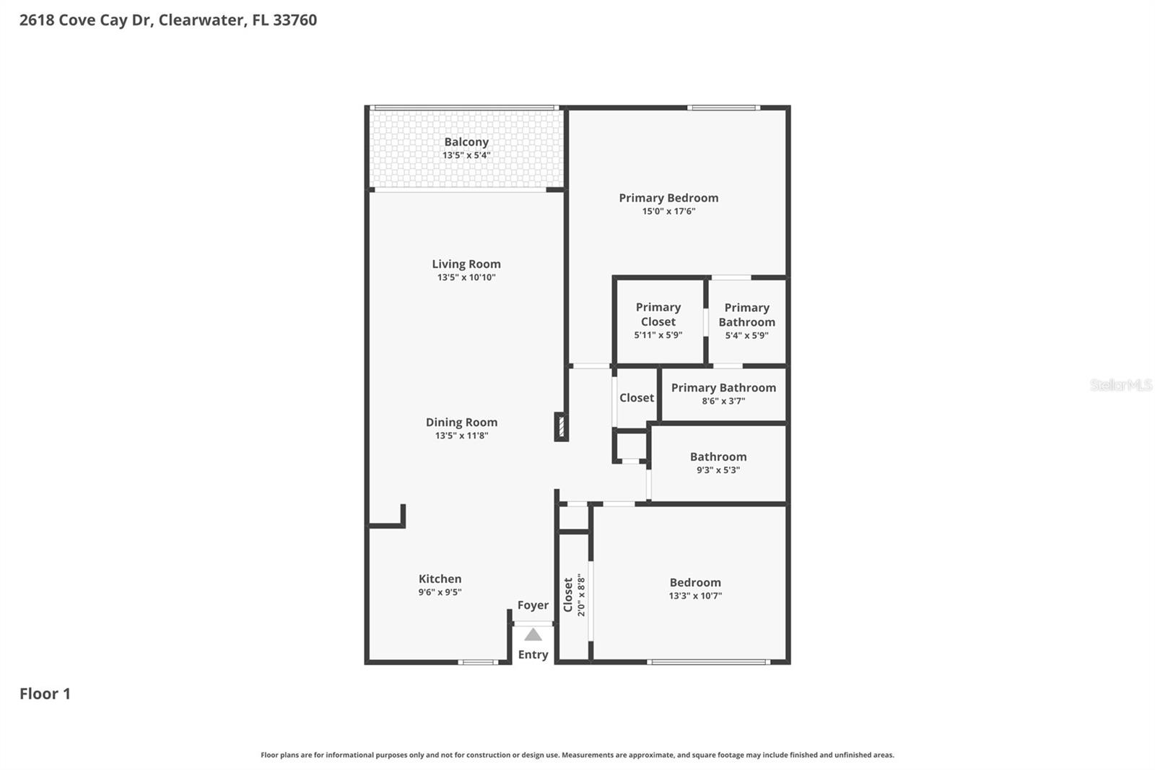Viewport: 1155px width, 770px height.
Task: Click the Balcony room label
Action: [466, 142]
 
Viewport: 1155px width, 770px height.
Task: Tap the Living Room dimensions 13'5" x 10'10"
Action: [466, 277]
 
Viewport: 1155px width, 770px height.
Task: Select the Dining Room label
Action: [461, 423]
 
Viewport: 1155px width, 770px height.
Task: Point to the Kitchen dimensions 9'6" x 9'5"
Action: [440, 592]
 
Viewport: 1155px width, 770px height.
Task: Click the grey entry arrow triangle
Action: [533, 635]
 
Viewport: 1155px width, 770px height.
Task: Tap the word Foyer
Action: [533, 605]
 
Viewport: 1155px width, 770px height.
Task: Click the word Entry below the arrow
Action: [533, 654]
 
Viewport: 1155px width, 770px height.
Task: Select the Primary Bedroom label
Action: [668, 198]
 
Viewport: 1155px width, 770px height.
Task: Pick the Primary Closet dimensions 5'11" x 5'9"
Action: [658, 335]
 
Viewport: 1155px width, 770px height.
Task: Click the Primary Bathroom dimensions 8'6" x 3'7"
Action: [723, 401]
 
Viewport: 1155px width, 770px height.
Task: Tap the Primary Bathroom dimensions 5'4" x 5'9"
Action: [746, 335]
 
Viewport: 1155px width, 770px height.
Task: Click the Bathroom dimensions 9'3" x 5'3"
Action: [718, 470]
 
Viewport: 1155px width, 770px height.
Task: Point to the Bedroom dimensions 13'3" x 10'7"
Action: [695, 596]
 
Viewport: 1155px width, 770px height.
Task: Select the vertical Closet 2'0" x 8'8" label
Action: [574, 594]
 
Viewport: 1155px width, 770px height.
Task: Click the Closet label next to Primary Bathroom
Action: [637, 398]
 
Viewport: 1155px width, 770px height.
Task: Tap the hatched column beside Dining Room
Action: [560, 426]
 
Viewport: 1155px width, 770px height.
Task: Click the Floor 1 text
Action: [45, 694]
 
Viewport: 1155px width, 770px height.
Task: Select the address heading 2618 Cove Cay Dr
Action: [167, 20]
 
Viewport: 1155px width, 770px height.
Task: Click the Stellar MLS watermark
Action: [1120, 385]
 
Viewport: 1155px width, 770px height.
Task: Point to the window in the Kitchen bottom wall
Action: [478, 662]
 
